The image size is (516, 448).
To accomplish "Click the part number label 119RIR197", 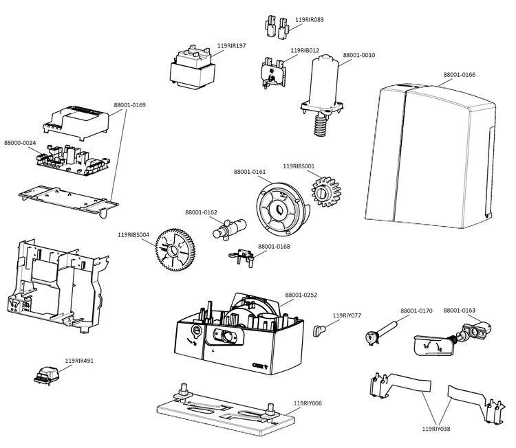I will pyautogui.click(x=231, y=46).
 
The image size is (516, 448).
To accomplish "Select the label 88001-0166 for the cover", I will pyautogui.click(x=459, y=74).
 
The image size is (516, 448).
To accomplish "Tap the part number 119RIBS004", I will pyautogui.click(x=133, y=234).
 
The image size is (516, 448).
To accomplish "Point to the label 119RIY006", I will pyautogui.click(x=308, y=403).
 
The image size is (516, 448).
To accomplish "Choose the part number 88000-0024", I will pyautogui.click(x=20, y=143).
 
